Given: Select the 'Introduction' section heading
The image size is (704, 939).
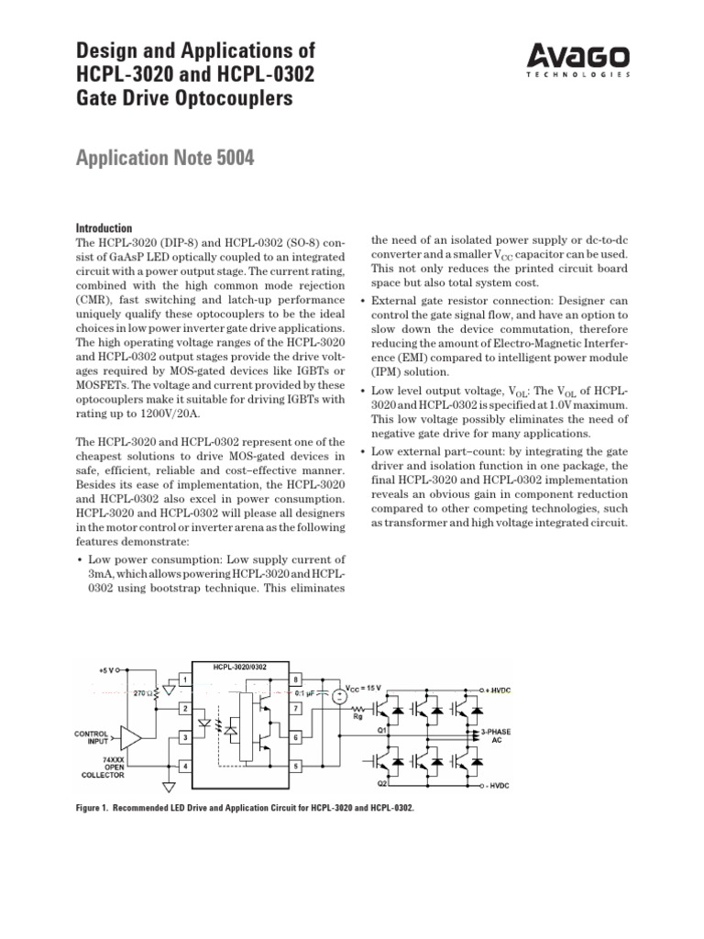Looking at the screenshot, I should coord(103,228).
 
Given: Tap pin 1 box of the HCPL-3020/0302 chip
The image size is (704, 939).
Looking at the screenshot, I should coord(184,679).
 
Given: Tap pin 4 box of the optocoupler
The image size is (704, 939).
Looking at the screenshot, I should coord(184,765).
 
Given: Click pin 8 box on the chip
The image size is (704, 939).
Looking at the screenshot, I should coord(296,679).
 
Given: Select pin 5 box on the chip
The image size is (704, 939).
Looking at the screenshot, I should coord(296,765).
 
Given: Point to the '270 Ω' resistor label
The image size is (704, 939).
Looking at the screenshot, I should coord(144,693).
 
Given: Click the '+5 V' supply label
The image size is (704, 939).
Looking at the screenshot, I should coord(107,669).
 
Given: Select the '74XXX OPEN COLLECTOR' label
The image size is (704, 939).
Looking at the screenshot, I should coord(91,768).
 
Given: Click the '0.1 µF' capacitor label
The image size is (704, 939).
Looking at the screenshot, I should coord(320,693).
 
